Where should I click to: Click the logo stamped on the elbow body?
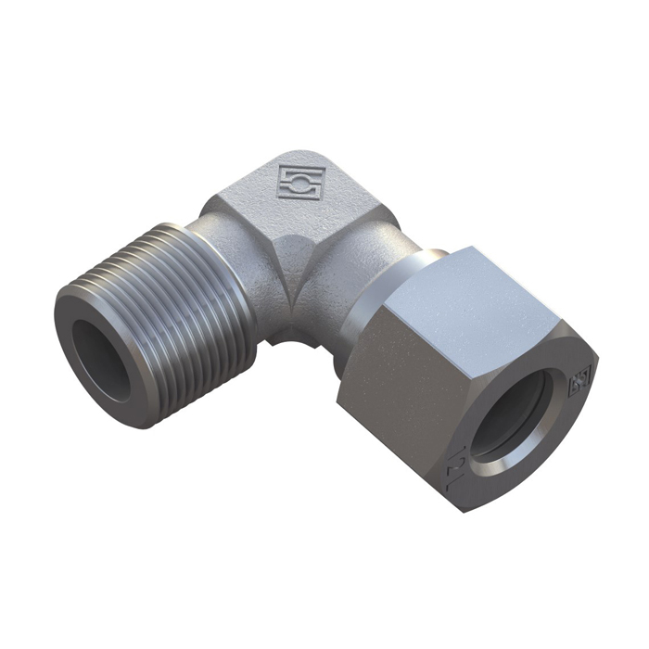[x=299, y=182]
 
